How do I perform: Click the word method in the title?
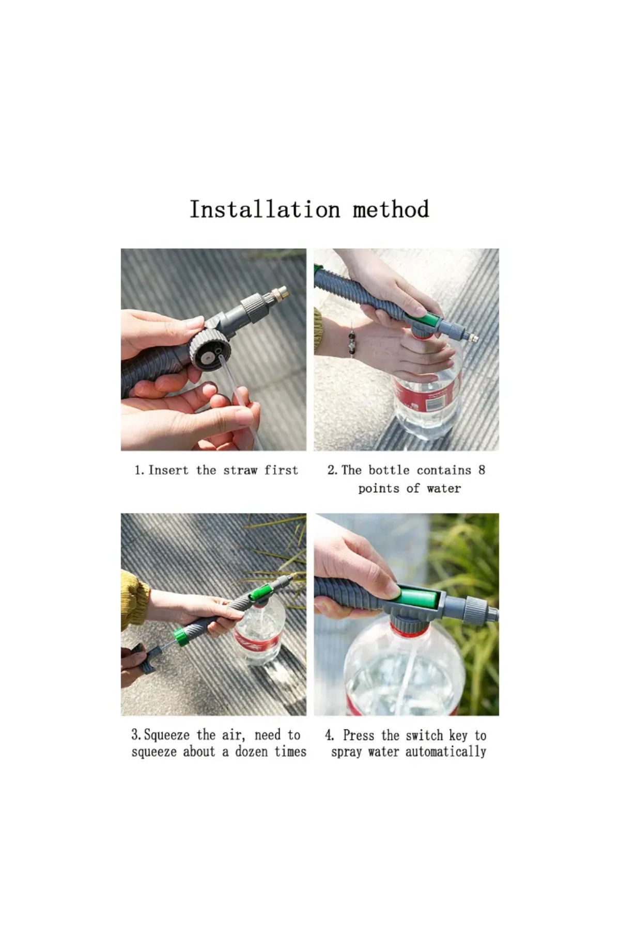coord(391,210)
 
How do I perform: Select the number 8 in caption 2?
coord(482,470)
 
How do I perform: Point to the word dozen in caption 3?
coord(252,751)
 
